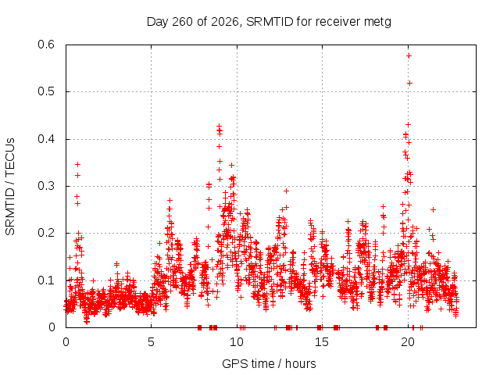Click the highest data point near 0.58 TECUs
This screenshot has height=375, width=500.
(409, 55)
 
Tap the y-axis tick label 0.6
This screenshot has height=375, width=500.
(46, 45)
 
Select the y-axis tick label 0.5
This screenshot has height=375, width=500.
(46, 91)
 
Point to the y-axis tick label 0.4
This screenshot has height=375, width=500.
(46, 139)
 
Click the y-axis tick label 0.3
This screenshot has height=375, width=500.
(46, 186)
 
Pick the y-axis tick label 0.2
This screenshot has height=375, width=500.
(46, 233)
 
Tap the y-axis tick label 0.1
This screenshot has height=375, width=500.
(46, 280)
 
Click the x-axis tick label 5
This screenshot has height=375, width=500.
(151, 342)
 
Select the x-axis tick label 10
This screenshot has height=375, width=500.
(237, 342)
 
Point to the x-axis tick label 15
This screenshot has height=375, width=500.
(322, 342)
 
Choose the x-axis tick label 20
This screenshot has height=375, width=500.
(408, 342)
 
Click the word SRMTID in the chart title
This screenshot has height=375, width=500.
(270, 22)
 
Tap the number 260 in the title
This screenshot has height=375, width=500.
(182, 22)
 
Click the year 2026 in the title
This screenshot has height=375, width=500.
(225, 22)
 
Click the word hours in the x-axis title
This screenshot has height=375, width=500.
(300, 363)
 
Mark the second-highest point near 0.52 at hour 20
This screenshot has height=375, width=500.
(409, 84)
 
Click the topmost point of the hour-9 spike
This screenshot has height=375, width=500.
(219, 126)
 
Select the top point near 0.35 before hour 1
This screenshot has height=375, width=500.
(77, 164)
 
